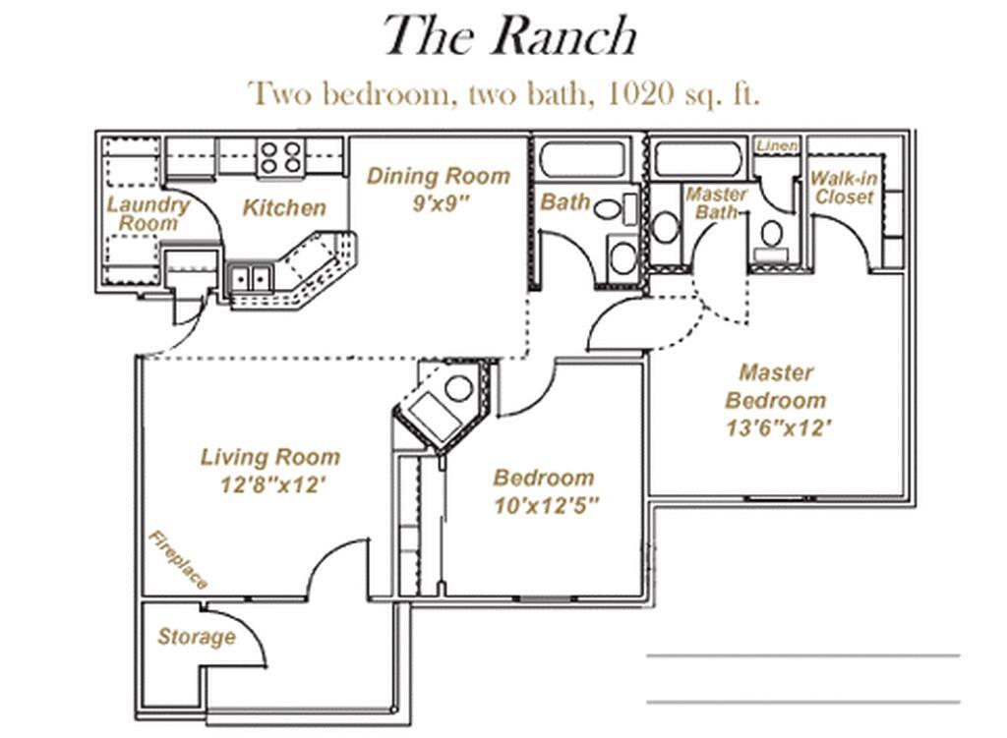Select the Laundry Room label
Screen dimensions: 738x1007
[148, 214]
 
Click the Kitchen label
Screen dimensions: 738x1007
[284, 207]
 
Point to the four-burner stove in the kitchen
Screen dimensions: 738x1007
[280, 157]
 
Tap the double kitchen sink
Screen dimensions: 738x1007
[249, 279]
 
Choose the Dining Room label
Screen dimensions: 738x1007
[439, 177]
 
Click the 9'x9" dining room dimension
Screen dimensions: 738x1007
[439, 206]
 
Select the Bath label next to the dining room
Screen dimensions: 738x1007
[565, 202]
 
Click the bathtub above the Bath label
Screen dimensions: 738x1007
[582, 159]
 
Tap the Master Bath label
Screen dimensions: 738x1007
[716, 202]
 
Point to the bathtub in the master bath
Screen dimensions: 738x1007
[698, 159]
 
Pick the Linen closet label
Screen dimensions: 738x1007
[777, 145]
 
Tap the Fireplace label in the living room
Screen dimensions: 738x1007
[178, 559]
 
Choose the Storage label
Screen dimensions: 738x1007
[197, 637]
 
